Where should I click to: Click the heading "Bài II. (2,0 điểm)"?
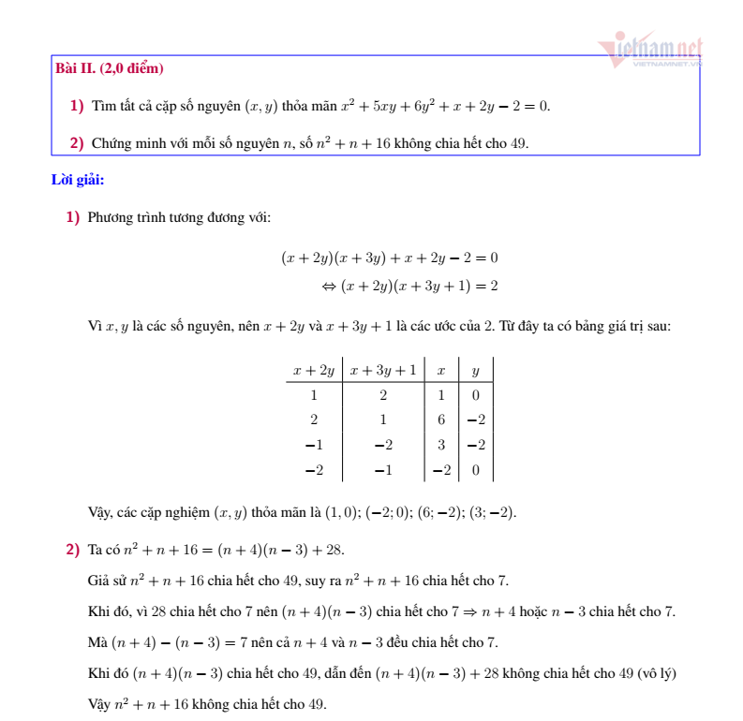point(110,68)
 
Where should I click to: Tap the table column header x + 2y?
point(313,370)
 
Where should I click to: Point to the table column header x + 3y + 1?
point(383,370)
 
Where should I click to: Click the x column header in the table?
point(440,370)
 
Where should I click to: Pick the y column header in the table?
point(475,370)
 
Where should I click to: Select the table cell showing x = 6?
point(440,419)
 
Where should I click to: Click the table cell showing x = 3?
point(440,445)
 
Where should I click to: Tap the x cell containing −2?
point(440,470)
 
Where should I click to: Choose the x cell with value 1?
point(440,394)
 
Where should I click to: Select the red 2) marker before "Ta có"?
point(72,550)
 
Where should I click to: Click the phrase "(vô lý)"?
point(655,673)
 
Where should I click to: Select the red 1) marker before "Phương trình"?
point(72,217)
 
